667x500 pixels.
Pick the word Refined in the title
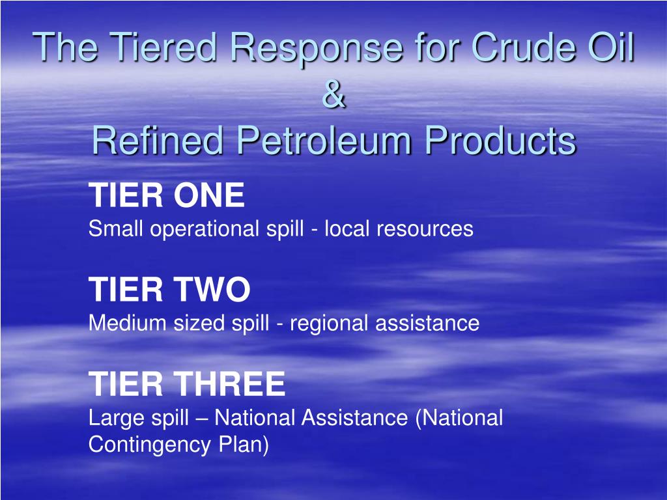[158, 141]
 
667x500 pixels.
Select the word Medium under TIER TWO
[128, 323]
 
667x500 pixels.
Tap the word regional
[330, 323]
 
